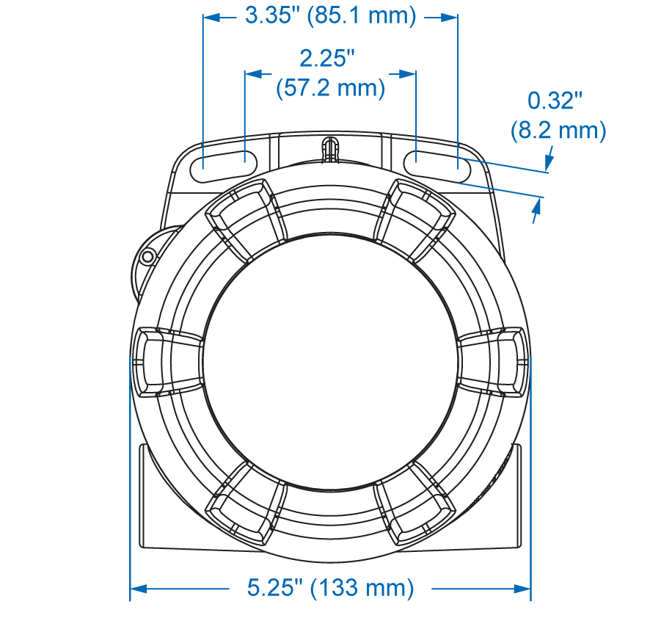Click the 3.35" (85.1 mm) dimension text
coord(330,16)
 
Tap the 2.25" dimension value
coord(327,58)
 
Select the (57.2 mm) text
coord(330,88)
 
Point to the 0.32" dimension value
coord(555,101)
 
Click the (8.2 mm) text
coord(558,130)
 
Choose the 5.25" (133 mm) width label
coord(330,588)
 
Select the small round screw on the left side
coord(147,256)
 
